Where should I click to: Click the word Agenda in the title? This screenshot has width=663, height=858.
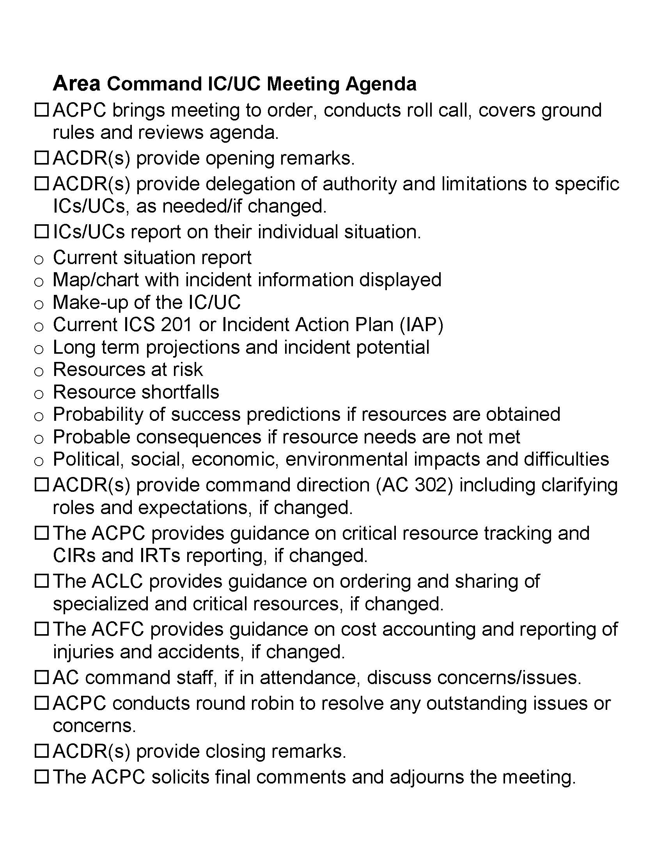click(x=381, y=84)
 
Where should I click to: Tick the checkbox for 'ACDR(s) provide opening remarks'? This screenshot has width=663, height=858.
click(x=41, y=158)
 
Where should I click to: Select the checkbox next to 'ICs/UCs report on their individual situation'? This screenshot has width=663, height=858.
click(x=41, y=231)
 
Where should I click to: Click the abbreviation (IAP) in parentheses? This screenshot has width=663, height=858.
click(x=421, y=325)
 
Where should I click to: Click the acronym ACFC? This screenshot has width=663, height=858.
click(x=118, y=629)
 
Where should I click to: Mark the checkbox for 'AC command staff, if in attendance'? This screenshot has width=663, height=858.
click(x=41, y=677)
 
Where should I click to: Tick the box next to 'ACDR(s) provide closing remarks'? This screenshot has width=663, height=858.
click(x=41, y=751)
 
